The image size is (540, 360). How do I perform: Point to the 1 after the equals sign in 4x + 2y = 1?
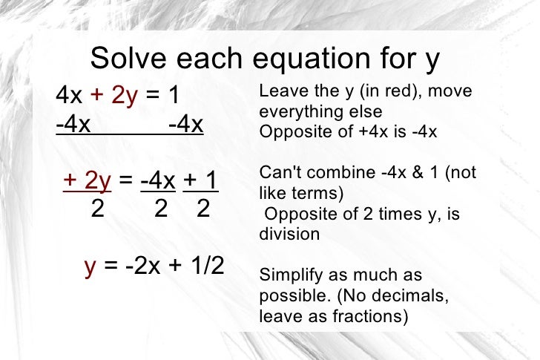(x=175, y=96)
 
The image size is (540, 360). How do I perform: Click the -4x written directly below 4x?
(x=73, y=125)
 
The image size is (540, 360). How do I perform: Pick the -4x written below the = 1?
(x=185, y=125)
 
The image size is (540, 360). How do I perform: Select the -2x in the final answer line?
(x=141, y=266)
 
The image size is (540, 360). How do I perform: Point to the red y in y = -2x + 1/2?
(x=90, y=266)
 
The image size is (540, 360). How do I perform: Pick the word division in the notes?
(x=289, y=234)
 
